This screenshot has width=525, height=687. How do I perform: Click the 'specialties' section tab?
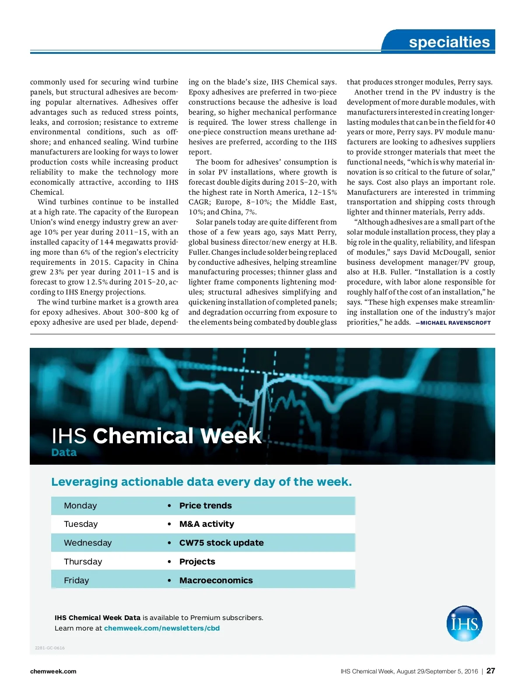(449, 42)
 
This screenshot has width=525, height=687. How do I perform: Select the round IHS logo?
(464, 624)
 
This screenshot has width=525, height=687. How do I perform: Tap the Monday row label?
(80, 505)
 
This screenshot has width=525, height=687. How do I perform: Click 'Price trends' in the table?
(205, 505)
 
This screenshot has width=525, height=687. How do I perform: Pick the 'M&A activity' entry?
(206, 524)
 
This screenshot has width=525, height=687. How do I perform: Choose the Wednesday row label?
(87, 543)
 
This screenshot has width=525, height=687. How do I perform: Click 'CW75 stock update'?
(221, 543)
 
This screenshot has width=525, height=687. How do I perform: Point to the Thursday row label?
(83, 561)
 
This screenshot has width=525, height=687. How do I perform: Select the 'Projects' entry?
(197, 561)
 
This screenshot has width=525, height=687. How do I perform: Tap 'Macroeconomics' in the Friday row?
(216, 580)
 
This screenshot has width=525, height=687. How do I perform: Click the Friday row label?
(76, 580)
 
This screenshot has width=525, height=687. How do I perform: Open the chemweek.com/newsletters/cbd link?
(161, 628)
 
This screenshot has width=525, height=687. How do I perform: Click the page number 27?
(490, 671)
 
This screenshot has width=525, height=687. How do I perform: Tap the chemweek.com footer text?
(53, 671)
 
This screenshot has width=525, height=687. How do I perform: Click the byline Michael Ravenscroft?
(455, 323)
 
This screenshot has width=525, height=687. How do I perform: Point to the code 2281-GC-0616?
(50, 648)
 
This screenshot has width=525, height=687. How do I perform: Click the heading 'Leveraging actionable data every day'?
(201, 482)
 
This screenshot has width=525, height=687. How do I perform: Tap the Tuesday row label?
(80, 524)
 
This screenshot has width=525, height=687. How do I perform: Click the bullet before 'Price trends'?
(169, 506)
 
